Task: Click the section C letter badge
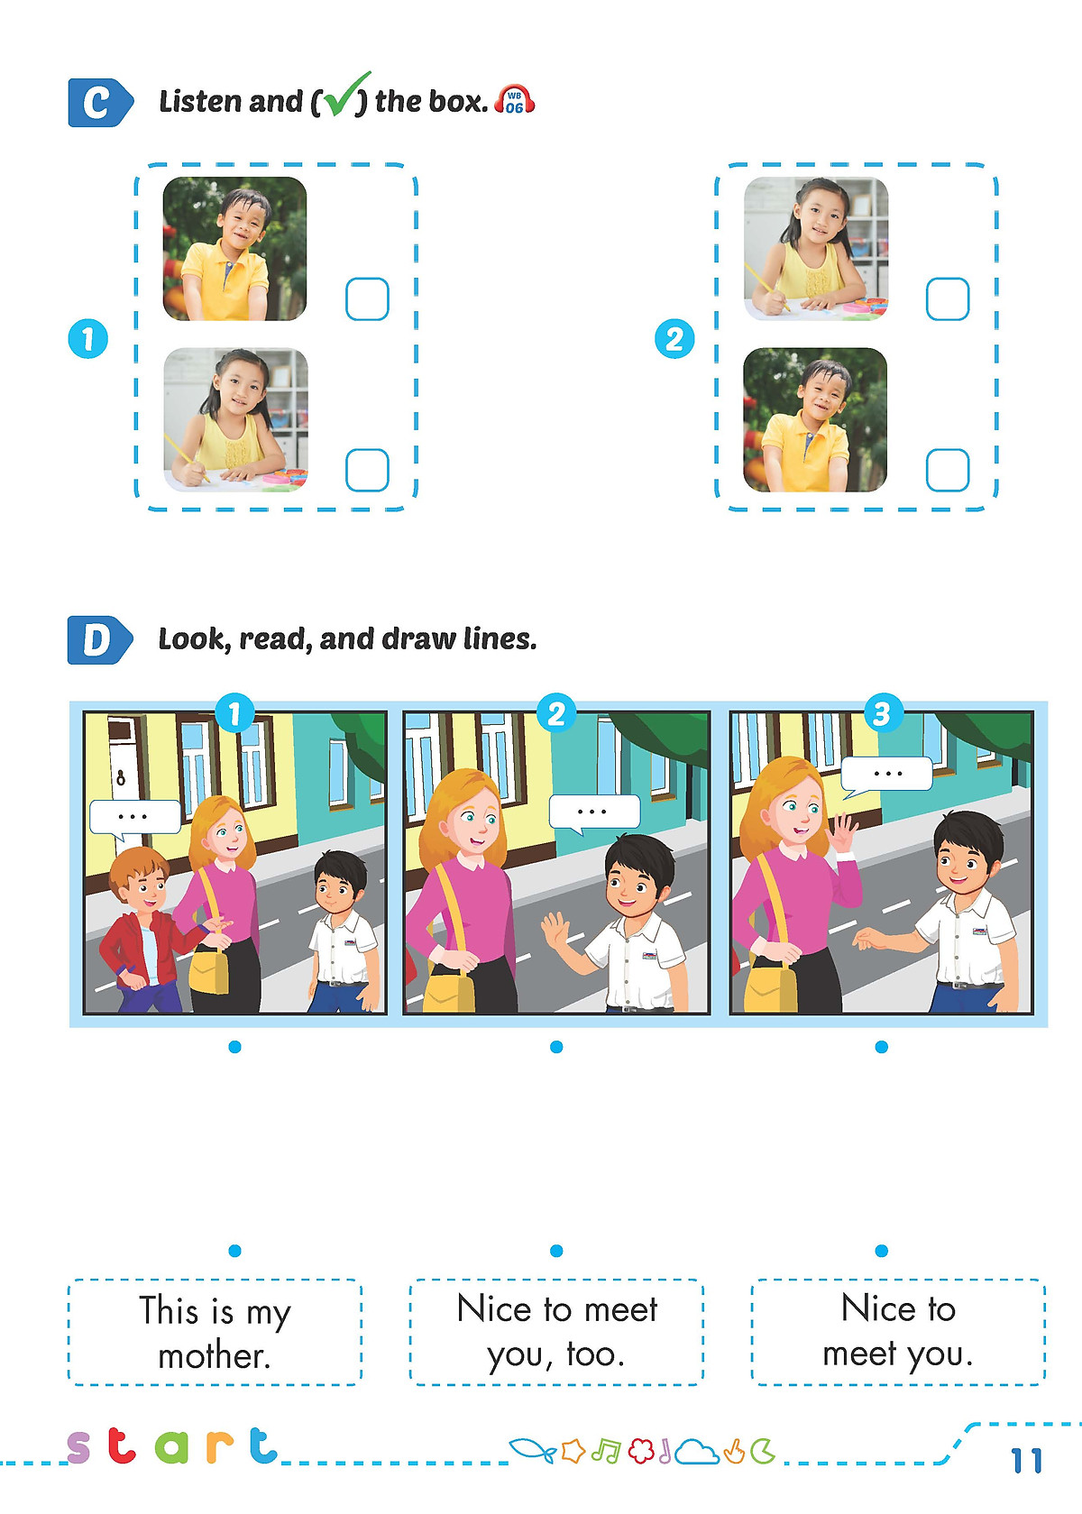point(100,103)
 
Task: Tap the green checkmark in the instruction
point(345,95)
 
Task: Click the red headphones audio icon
point(514,100)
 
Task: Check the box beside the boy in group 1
point(367,298)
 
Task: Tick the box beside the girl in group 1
point(367,470)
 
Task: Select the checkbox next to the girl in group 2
point(948,298)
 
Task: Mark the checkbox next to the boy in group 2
point(948,470)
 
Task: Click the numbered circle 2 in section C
point(674,339)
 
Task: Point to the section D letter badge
point(99,640)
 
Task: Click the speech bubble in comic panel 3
point(886,775)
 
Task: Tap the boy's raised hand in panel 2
point(558,932)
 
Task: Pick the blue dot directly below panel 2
point(556,1047)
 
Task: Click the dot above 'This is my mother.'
point(234,1251)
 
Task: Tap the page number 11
point(1027,1461)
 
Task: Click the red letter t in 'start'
point(123,1445)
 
